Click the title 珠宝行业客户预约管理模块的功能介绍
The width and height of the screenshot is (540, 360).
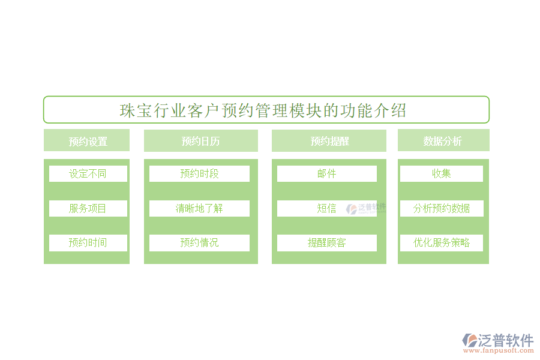264,110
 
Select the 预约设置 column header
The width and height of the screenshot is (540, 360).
87,141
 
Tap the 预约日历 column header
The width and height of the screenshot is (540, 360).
200,141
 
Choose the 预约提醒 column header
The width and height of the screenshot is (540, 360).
329,141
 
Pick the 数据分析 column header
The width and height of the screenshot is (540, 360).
443,141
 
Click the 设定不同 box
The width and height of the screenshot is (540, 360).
88,173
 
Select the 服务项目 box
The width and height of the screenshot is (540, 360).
88,208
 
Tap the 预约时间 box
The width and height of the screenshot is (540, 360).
88,243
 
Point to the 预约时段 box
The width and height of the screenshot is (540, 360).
199,173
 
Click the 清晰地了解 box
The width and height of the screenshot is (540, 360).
199,208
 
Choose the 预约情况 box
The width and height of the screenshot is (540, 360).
199,243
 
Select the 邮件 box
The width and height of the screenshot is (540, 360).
326,173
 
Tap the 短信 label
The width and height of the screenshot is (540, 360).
326,208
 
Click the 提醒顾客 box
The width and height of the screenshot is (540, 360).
326,243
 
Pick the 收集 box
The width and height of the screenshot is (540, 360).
442,173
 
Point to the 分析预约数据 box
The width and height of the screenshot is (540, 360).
442,208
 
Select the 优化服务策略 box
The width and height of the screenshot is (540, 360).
442,243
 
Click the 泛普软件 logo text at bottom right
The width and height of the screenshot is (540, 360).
505,340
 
